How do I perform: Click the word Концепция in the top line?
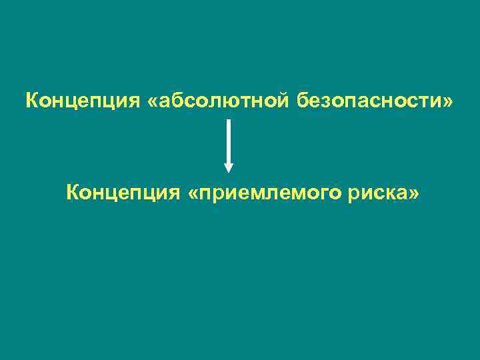click(x=81, y=102)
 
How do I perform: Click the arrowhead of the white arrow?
click(x=229, y=167)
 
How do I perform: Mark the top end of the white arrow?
click(x=229, y=121)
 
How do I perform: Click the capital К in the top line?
click(x=31, y=101)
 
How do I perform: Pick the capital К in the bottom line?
click(x=72, y=193)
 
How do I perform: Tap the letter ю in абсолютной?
click(x=227, y=103)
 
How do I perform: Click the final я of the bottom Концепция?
click(x=173, y=195)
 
